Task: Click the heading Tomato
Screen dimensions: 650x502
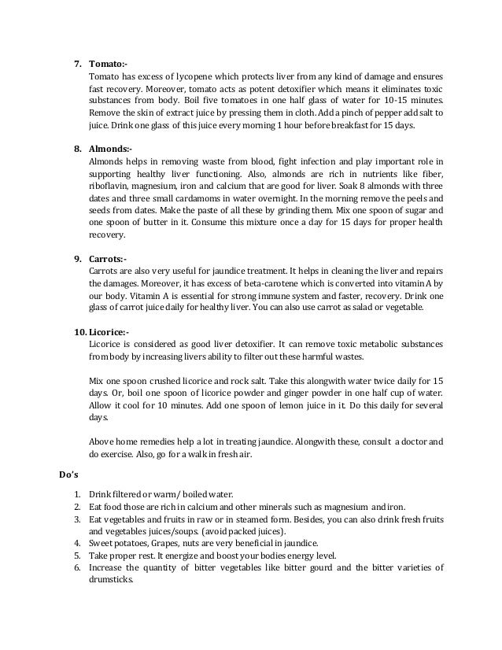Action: point(106,62)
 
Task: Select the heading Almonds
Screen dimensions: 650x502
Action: point(110,148)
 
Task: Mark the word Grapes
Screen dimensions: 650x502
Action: point(161,543)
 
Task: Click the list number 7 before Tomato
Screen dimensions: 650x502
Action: point(77,62)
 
